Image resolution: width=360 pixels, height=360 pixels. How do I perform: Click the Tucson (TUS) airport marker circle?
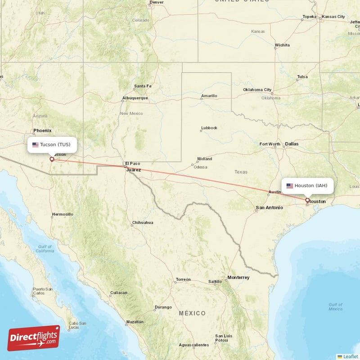tap(52, 159)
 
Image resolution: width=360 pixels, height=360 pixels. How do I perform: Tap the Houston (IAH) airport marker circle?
tap(307, 200)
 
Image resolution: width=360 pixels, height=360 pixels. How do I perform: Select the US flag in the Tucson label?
tap(36, 145)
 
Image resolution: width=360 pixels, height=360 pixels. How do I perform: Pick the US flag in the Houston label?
tap(290, 186)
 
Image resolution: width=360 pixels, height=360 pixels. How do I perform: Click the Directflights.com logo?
tap(34, 338)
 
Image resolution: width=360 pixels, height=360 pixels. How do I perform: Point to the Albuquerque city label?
tap(135, 98)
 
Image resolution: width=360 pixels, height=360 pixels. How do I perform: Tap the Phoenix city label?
tap(42, 130)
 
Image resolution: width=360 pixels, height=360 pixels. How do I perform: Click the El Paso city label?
tap(132, 163)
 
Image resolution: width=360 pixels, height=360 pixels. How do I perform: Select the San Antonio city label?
tap(269, 207)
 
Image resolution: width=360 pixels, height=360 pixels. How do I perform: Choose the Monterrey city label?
tap(238, 278)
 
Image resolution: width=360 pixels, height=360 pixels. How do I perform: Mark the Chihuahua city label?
tap(142, 223)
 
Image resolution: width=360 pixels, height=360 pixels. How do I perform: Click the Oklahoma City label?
tap(257, 90)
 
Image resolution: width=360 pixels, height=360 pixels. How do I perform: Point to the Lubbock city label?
tap(209, 128)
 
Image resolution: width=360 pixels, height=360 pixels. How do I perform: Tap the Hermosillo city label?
tap(63, 214)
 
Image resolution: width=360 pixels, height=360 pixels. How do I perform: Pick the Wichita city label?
tap(282, 45)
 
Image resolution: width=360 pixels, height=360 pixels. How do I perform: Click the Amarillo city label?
tap(209, 96)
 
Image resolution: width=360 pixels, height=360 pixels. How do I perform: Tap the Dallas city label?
tap(291, 144)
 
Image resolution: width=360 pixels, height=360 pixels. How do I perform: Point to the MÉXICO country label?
tap(192, 313)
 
